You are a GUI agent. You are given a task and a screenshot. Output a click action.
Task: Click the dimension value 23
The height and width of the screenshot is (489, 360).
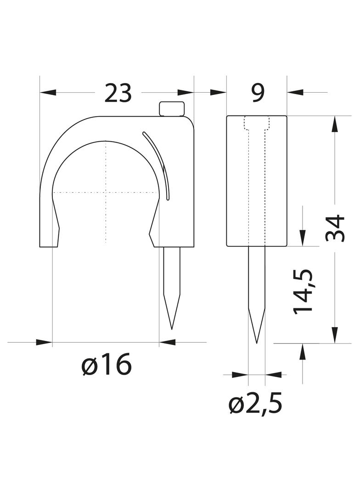point(118,93)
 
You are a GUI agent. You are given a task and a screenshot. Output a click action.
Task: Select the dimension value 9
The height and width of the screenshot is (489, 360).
point(258,92)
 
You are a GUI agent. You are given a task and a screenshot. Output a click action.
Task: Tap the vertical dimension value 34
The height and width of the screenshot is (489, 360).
point(335,228)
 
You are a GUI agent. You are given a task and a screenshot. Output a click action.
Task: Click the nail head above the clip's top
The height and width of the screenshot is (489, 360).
point(172,109)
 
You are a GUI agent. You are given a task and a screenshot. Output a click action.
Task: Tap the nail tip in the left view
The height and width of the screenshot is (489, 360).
point(172,329)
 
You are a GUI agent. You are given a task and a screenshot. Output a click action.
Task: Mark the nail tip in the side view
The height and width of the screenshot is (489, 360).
point(257,343)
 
